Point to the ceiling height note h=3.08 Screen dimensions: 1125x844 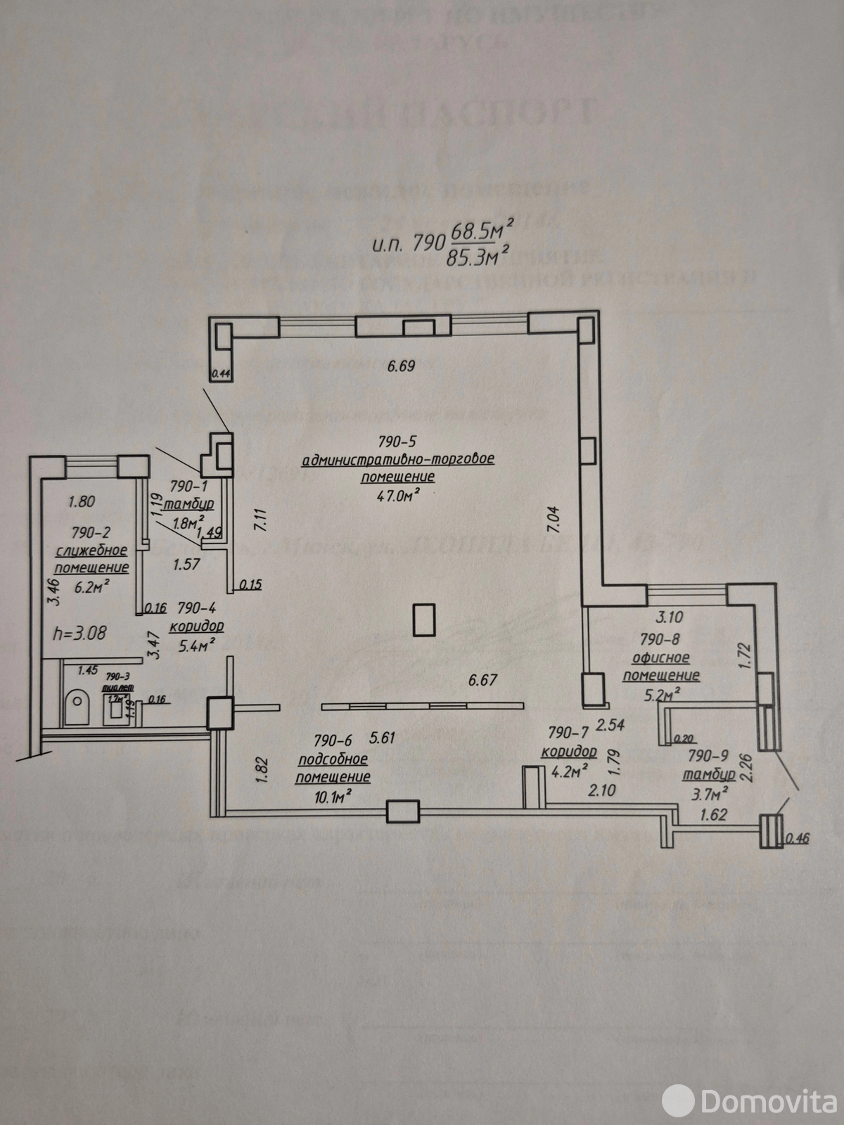(80, 632)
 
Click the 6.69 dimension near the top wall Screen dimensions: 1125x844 (402, 366)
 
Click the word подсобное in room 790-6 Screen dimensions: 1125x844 (333, 759)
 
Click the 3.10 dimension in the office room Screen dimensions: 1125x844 (669, 618)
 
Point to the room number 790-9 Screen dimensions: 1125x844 (708, 757)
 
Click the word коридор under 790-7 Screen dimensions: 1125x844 (569, 752)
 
